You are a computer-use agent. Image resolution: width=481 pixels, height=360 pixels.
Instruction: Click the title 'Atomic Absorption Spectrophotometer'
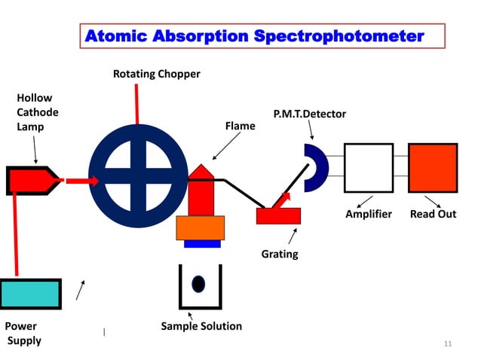pos(255,36)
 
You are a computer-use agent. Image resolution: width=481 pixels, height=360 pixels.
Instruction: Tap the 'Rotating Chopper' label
pos(157,74)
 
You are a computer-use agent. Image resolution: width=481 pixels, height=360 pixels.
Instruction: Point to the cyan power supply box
pos(30,293)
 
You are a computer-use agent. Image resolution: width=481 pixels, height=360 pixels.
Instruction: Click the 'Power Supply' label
pos(23,334)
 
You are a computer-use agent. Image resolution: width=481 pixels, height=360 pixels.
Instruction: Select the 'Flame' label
pos(240,127)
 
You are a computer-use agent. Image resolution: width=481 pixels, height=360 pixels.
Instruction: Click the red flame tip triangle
pos(201,171)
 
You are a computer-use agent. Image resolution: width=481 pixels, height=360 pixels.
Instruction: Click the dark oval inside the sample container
pos(198,284)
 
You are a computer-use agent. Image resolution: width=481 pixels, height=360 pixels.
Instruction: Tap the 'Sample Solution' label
pos(201,326)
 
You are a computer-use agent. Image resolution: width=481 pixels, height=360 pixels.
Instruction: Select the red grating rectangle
pos(278,215)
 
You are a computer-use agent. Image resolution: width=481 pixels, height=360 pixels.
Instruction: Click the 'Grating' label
pos(280,254)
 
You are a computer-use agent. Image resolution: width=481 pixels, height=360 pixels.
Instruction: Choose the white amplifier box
pos(368,167)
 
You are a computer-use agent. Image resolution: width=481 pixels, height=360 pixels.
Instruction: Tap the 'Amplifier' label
pos(369,214)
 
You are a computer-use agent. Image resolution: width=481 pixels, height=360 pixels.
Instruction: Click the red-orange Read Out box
pos(433,167)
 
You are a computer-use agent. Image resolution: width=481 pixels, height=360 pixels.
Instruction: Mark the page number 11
pos(448,344)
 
